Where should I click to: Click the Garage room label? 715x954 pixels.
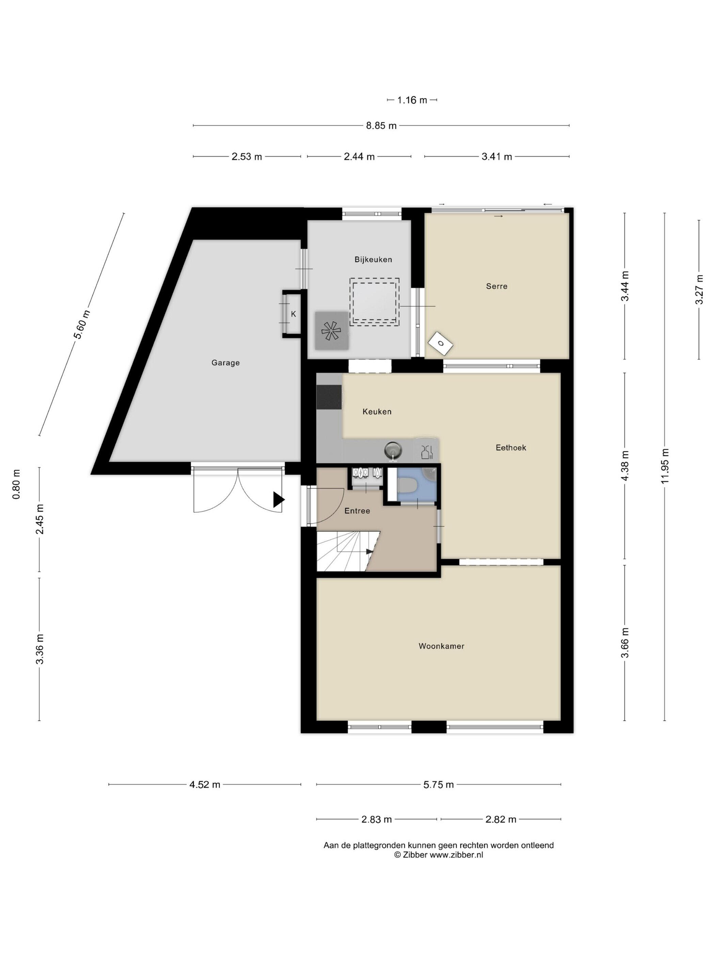[225, 363]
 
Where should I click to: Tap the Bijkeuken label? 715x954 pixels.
[373, 259]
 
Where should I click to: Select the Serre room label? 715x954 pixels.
[496, 286]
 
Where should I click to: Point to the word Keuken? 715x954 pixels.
[377, 412]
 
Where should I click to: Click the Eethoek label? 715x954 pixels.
[511, 448]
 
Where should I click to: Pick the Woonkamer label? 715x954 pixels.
[441, 646]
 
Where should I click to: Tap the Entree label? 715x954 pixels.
[357, 511]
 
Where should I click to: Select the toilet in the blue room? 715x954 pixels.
[407, 486]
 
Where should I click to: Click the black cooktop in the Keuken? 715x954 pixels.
[330, 397]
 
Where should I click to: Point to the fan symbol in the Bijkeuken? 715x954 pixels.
[331, 331]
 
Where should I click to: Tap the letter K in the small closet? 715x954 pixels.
[293, 314]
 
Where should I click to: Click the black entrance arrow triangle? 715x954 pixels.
[279, 500]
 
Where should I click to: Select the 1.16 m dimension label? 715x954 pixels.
[412, 100]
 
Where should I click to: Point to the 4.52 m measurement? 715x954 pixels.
[205, 785]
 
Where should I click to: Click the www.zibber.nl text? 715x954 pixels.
[457, 855]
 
